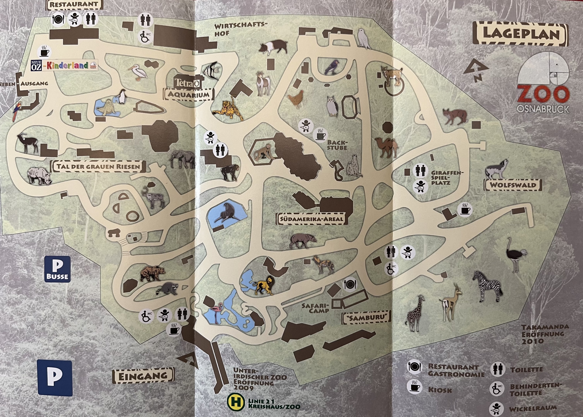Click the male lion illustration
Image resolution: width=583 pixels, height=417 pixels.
[x=263, y=285]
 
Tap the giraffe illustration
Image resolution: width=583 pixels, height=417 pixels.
[x=415, y=313]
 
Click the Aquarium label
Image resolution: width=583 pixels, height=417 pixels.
[x=189, y=94]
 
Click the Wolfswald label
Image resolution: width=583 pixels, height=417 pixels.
[x=513, y=185]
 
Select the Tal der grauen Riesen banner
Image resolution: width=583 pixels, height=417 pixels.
[x=98, y=166]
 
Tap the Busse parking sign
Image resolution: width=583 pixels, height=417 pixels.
[x=58, y=269]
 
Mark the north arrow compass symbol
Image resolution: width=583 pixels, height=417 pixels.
[x=476, y=71]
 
